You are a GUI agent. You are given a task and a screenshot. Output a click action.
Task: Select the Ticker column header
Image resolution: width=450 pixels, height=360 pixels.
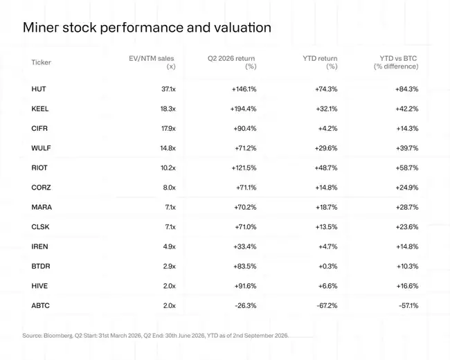coord(41,62)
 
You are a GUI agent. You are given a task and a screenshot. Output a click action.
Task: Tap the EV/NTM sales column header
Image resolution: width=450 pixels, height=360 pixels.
coord(152,62)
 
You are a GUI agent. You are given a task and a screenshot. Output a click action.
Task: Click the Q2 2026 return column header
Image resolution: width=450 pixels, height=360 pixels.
coord(232,62)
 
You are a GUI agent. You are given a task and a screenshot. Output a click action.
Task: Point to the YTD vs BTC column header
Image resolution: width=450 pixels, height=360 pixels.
coord(396,62)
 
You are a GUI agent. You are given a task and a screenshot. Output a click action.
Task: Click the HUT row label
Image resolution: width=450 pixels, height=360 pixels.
coord(39,89)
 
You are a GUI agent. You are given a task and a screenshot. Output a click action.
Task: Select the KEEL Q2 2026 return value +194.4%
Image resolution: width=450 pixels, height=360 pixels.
coord(243,109)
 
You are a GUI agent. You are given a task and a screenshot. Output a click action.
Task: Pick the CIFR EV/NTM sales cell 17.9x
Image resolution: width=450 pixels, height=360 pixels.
coord(168,128)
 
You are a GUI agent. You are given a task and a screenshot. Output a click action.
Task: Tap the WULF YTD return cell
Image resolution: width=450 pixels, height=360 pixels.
coord(326,148)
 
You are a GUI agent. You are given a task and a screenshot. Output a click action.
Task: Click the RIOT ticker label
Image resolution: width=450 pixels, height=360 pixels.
coord(39,168)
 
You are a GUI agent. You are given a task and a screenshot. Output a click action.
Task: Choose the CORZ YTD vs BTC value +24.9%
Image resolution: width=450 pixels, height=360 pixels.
coord(407,188)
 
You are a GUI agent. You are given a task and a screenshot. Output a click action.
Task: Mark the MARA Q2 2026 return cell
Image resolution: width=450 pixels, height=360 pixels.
coord(245,207)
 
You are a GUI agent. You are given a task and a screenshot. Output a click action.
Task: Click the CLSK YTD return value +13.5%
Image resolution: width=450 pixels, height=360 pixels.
coord(326,227)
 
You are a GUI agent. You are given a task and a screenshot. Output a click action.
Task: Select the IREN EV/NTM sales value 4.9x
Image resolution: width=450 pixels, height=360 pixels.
coord(170,246)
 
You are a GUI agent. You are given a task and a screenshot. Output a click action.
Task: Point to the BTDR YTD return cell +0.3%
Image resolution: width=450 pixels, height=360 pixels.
coord(327,266)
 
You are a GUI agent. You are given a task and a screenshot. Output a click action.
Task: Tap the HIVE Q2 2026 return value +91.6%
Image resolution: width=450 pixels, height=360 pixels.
coord(245,286)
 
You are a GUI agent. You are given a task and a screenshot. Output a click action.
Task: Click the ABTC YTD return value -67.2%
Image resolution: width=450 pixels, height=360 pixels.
coord(327,305)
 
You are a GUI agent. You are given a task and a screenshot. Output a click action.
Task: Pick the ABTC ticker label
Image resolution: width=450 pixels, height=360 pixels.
coord(40,305)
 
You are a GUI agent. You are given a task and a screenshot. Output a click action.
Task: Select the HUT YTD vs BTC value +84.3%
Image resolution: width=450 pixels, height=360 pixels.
coord(406,89)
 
